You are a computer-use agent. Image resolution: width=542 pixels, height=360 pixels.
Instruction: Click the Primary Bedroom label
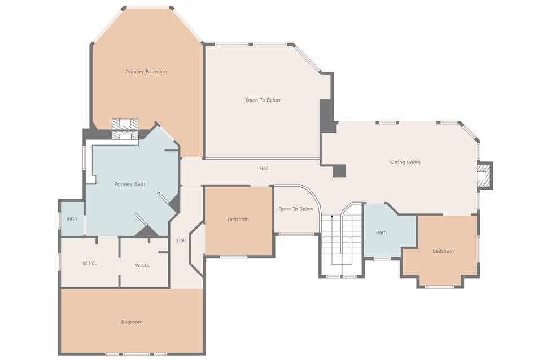pyautogui.click(x=146, y=72)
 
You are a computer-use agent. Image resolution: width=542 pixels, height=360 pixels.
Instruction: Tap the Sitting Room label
pyautogui.click(x=405, y=163)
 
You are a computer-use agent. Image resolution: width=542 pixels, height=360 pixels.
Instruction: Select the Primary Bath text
pyautogui.click(x=129, y=184)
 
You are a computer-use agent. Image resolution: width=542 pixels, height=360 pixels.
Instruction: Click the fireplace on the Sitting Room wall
pyautogui.click(x=483, y=175)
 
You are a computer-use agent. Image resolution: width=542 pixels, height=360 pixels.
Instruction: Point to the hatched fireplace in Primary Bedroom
pyautogui.click(x=125, y=129)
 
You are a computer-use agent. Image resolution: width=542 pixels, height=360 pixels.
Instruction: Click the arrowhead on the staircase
pyautogui.click(x=332, y=216)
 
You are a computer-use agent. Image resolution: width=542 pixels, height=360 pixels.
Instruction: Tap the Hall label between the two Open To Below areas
pyautogui.click(x=264, y=168)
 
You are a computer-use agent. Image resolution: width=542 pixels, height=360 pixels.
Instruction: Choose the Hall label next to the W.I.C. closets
pyautogui.click(x=181, y=240)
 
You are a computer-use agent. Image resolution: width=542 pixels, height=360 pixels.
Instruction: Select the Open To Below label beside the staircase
pyautogui.click(x=296, y=209)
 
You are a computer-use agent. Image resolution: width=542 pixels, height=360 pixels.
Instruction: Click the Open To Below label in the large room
pyautogui.click(x=263, y=100)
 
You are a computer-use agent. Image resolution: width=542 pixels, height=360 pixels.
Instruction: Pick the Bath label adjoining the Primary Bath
pyautogui.click(x=72, y=218)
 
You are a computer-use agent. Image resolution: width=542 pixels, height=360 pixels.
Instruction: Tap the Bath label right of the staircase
pyautogui.click(x=381, y=232)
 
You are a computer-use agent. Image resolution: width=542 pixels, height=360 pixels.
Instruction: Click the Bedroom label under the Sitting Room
pyautogui.click(x=443, y=251)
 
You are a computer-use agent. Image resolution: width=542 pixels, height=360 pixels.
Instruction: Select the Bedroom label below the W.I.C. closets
pyautogui.click(x=132, y=322)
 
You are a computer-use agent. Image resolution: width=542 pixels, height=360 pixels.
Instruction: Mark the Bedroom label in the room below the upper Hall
pyautogui.click(x=238, y=219)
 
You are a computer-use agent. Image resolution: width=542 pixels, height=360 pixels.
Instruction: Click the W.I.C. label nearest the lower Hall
pyautogui.click(x=142, y=265)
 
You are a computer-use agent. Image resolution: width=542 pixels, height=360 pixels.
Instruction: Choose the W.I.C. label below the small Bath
pyautogui.click(x=89, y=263)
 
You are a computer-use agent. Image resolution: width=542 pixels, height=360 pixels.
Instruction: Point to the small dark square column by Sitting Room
pyautogui.click(x=339, y=171)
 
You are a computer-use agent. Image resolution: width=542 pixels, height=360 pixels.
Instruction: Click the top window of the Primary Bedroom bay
pyautogui.click(x=147, y=8)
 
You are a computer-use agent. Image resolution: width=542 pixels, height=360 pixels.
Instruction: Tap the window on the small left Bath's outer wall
pyautogui.click(x=59, y=219)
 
